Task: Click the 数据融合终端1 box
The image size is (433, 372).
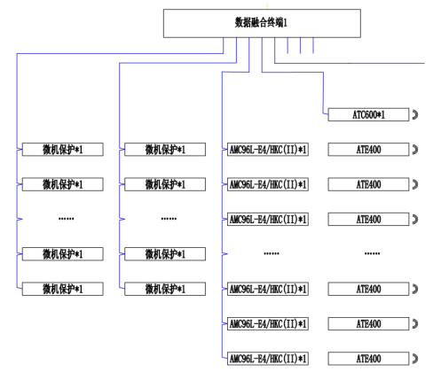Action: (262, 23)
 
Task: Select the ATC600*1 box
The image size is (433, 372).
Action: (368, 115)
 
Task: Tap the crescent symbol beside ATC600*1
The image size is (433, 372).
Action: (414, 115)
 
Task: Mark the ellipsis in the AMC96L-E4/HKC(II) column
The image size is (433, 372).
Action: (272, 253)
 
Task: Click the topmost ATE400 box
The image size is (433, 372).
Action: (368, 150)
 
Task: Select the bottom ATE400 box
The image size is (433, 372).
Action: (368, 358)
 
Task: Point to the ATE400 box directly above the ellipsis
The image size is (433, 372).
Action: (368, 219)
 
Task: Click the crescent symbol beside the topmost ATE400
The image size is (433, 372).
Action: (414, 150)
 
